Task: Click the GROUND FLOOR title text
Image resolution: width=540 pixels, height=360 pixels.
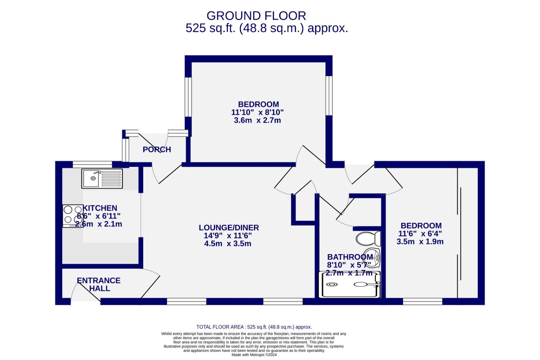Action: (x=256, y=16)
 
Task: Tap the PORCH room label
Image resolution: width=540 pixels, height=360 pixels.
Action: (x=157, y=150)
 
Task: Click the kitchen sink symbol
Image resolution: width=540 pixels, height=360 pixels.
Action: (x=102, y=179)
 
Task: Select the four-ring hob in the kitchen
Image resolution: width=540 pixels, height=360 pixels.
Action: (x=73, y=215)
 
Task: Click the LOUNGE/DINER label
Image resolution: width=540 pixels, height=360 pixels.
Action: (x=229, y=228)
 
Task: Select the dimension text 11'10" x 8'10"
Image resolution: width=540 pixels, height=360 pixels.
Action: (x=257, y=112)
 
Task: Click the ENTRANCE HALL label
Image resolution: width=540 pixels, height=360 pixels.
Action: (x=99, y=284)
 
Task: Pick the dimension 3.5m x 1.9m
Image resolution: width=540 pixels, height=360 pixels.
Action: (x=420, y=242)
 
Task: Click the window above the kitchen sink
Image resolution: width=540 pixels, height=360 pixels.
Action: (x=92, y=164)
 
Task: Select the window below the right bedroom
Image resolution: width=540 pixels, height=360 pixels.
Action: (x=422, y=302)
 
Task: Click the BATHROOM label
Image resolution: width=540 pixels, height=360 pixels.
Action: (x=350, y=257)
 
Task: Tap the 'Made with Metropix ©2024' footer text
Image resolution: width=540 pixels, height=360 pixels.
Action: (x=254, y=355)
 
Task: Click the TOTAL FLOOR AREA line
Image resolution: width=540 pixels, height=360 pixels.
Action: (x=254, y=327)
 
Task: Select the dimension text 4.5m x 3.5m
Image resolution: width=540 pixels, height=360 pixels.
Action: (x=228, y=244)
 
